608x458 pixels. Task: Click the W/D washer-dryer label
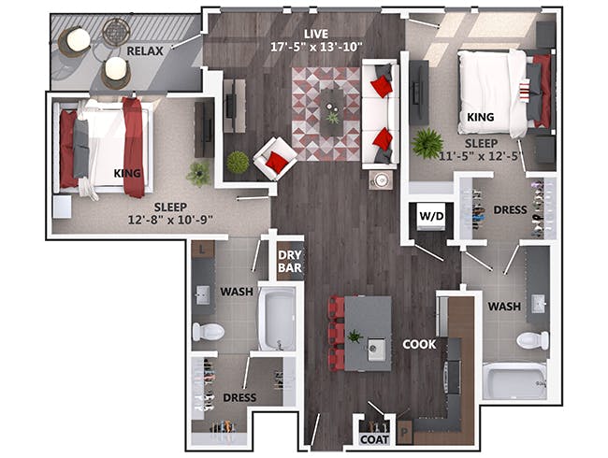(x=431, y=216)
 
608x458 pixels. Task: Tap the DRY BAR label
(x=290, y=261)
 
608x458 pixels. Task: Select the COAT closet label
(x=374, y=439)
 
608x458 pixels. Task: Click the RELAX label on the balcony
(x=145, y=51)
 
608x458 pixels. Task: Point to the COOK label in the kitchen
(x=419, y=344)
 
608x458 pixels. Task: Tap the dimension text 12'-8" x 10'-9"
(x=170, y=220)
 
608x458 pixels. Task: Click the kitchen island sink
(x=376, y=350)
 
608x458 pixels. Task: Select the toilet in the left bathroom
(x=209, y=332)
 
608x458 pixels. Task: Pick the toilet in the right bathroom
(x=532, y=340)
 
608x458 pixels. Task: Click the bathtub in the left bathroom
(x=277, y=319)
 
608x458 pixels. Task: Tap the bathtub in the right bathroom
(x=514, y=381)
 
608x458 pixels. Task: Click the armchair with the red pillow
(x=275, y=159)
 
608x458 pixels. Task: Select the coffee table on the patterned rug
(x=332, y=112)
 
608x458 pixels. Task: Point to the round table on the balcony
(x=116, y=33)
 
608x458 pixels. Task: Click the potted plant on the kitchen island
(x=355, y=336)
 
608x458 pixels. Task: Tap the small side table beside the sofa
(x=381, y=179)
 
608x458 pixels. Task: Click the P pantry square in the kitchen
(x=405, y=432)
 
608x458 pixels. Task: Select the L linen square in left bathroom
(x=202, y=250)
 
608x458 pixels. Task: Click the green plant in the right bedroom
(x=427, y=143)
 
